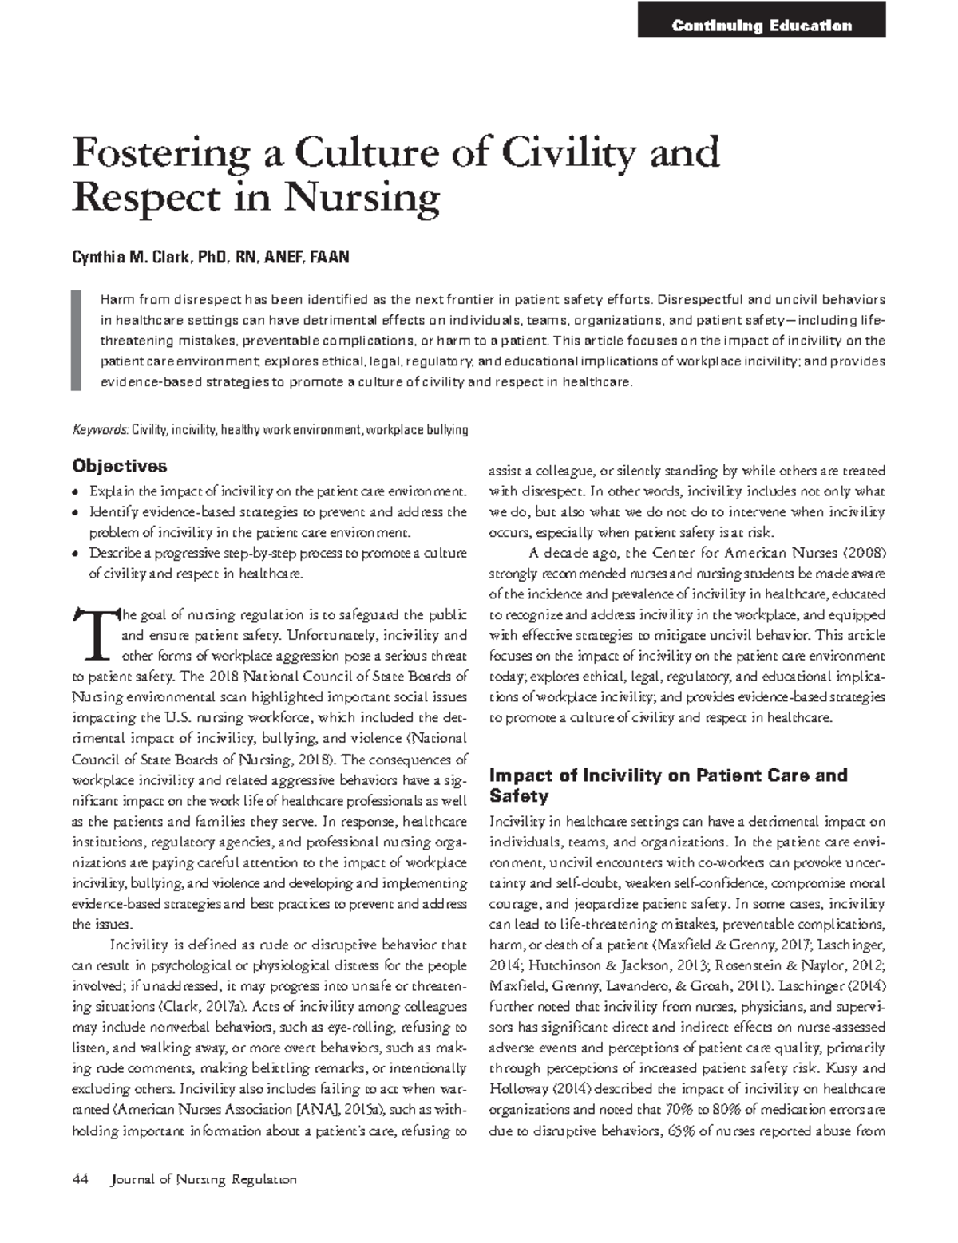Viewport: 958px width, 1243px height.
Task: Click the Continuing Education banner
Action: click(x=762, y=26)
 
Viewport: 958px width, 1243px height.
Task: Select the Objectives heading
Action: click(x=120, y=465)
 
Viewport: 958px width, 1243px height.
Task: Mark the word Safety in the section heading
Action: click(x=518, y=795)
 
